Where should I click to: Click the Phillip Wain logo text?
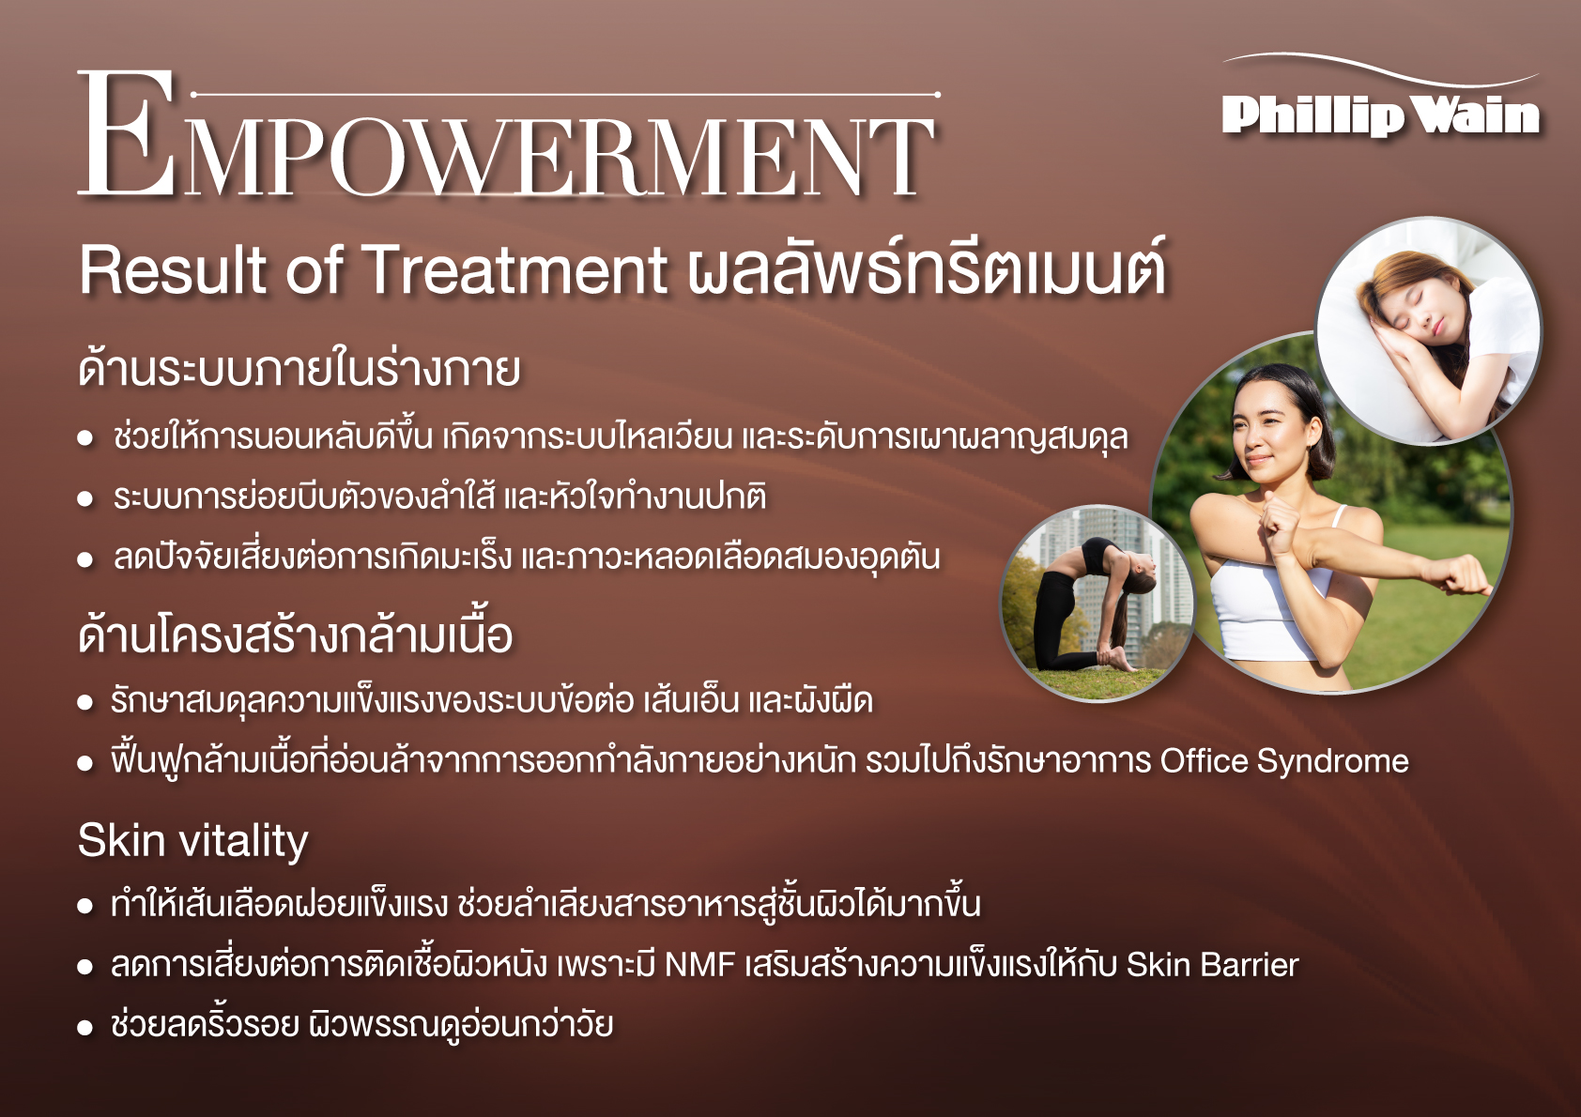pos(1380,115)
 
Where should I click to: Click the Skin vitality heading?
pos(192,842)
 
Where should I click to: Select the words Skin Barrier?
pos(1213,965)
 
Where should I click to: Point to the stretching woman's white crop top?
pos(1270,605)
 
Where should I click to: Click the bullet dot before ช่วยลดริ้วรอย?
pos(85,1028)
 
